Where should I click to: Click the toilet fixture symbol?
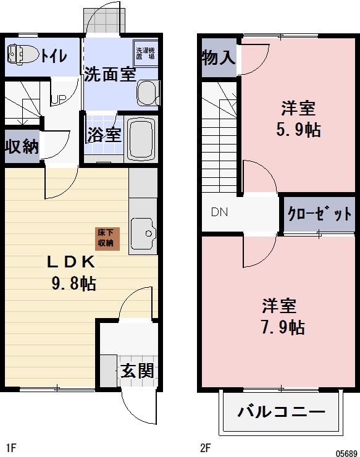pos(20,54)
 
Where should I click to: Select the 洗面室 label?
pos(110,75)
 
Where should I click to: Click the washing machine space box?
pos(144,53)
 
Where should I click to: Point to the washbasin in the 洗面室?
pos(148,93)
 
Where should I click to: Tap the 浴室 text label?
pos(104,135)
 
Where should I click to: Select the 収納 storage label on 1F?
pos(22,146)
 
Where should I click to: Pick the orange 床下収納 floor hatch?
pos(106,238)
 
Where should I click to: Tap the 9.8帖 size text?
pos(73,285)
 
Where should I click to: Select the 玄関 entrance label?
pos(136,372)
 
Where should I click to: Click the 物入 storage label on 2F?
pos(218,58)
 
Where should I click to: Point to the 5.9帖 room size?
pos(299,130)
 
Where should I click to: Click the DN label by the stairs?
pos(219,212)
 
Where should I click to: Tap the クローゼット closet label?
pos(319,214)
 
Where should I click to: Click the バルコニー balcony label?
pos(281,412)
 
